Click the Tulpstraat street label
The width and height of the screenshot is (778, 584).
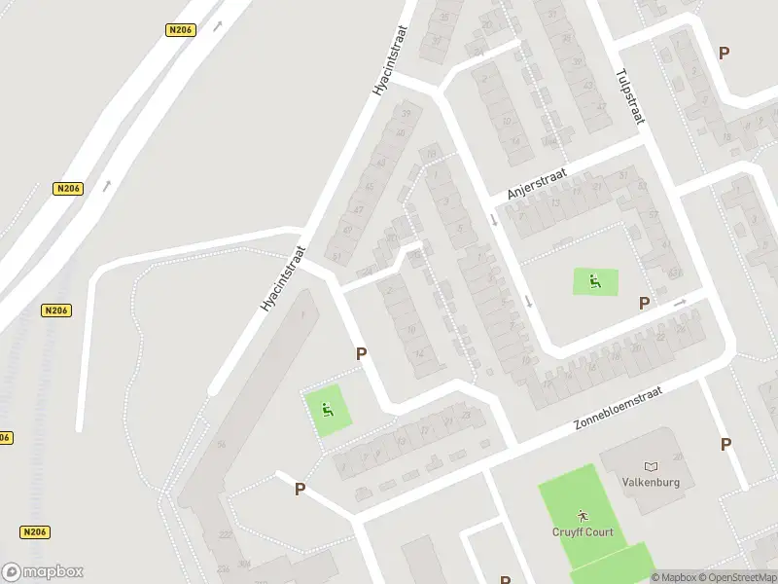pos(629,95)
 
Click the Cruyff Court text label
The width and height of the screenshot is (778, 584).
pos(582,531)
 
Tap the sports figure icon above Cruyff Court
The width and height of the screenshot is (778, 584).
pos(582,513)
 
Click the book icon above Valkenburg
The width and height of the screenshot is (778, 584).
pos(651,465)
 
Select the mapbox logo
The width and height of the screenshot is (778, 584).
pos(43,572)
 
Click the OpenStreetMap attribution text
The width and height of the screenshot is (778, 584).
pos(737,577)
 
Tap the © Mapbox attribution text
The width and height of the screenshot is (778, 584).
pos(673,577)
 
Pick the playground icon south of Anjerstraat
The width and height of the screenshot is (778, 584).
pos(594,282)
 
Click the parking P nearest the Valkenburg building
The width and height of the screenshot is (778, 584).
pos(725,444)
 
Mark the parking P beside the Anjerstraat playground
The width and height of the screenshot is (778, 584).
pos(644,304)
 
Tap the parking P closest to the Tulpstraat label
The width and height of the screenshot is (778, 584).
pos(724,53)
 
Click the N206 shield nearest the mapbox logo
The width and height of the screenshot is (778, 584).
pos(34,532)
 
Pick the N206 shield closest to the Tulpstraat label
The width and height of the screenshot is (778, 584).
pos(181,30)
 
